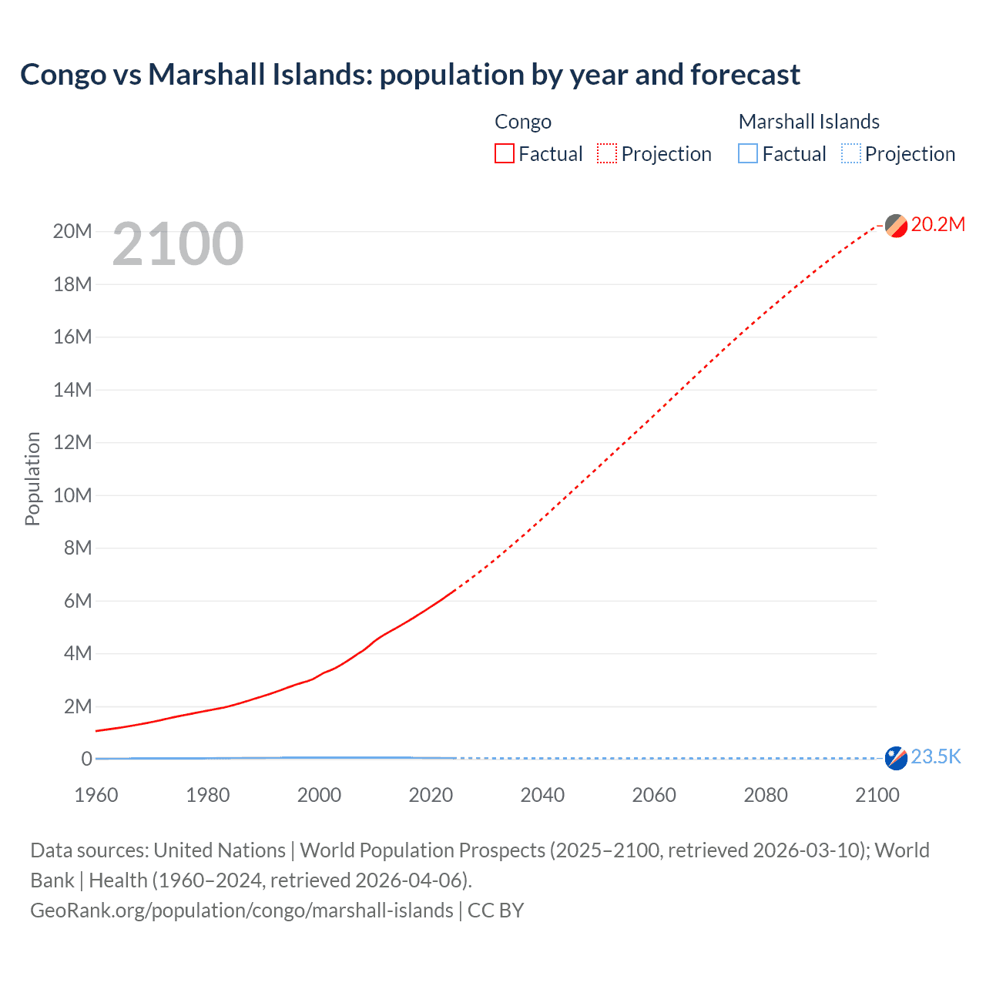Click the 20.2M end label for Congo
click(937, 224)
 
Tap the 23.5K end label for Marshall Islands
click(936, 756)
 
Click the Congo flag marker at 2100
click(896, 226)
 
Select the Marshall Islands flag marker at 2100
click(896, 758)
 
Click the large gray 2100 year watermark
click(178, 244)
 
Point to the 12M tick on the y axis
click(72, 442)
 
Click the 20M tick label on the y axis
click(72, 231)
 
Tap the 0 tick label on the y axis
click(86, 759)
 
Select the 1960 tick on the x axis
click(96, 795)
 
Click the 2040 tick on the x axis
click(542, 795)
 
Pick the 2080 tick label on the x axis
click(766, 795)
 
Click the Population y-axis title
click(32, 478)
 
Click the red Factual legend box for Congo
click(504, 153)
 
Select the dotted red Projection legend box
click(607, 153)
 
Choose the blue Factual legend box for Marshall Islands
click(747, 153)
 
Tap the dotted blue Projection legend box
click(850, 153)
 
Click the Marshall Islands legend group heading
click(809, 122)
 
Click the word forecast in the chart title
click(745, 75)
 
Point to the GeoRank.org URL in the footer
click(241, 911)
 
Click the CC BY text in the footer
click(495, 911)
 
